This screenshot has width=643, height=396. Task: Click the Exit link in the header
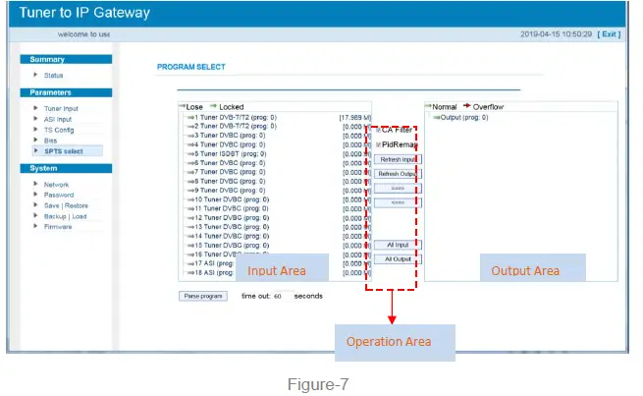tap(610, 33)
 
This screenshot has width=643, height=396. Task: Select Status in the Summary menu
tap(54, 75)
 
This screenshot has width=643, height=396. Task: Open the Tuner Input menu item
tap(61, 108)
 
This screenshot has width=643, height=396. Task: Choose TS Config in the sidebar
tap(58, 130)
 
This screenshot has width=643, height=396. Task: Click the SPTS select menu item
tap(63, 150)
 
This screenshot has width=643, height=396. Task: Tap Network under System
tap(56, 185)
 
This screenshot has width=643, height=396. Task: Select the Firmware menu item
tap(58, 226)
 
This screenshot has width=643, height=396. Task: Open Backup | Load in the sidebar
tap(65, 216)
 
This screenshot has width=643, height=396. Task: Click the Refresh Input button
tap(398, 159)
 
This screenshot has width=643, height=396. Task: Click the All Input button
tap(398, 245)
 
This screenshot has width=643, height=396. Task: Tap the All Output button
tap(398, 259)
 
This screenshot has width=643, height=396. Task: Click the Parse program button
tap(203, 295)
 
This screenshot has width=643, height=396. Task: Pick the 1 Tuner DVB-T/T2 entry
tap(237, 117)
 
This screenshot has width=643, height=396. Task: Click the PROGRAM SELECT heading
tap(190, 67)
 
